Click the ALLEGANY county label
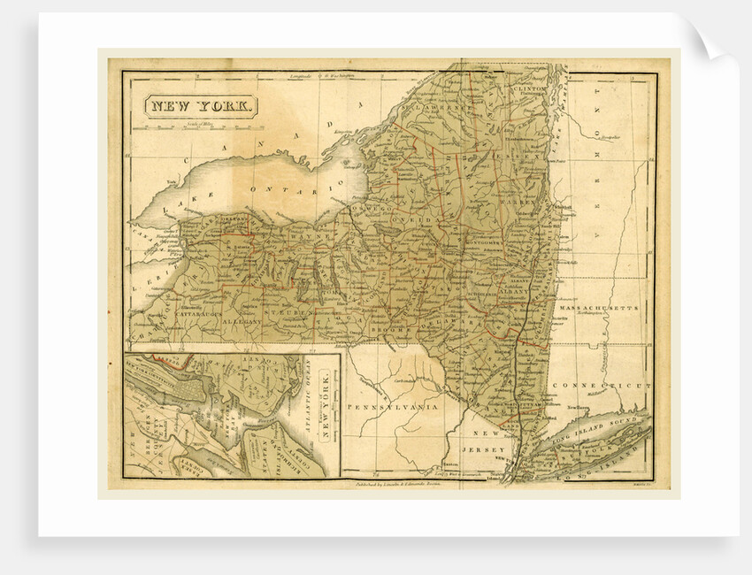(241, 324)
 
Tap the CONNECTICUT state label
(602, 387)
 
